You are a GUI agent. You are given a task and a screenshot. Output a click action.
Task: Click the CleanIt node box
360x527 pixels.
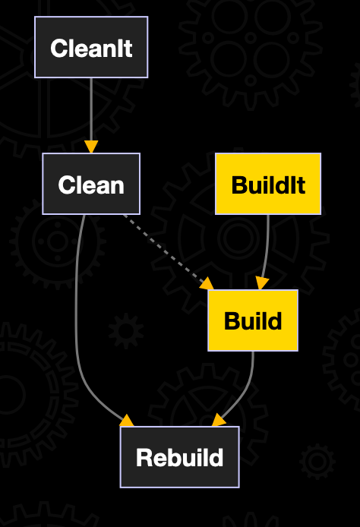(x=91, y=48)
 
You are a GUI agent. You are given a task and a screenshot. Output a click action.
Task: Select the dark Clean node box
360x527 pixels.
(x=91, y=184)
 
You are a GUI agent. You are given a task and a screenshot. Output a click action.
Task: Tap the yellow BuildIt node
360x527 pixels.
(x=268, y=184)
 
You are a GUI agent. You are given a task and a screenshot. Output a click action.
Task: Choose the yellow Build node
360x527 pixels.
(x=253, y=320)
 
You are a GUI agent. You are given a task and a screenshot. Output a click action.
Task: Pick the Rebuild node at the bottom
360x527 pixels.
(x=179, y=456)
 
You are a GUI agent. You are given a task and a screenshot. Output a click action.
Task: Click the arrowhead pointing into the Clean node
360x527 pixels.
(x=91, y=146)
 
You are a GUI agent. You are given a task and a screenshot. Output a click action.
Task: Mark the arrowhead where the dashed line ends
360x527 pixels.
(x=207, y=283)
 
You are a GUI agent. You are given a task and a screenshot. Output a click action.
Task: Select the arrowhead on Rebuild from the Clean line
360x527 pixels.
(x=126, y=421)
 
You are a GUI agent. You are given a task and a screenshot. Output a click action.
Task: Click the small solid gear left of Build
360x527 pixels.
(x=125, y=331)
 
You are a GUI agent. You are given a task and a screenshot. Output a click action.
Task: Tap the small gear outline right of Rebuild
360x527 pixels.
(x=316, y=462)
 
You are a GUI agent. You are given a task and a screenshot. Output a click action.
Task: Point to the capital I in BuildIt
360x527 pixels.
(x=293, y=185)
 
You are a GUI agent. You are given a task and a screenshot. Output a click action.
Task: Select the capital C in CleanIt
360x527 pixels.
(x=58, y=49)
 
